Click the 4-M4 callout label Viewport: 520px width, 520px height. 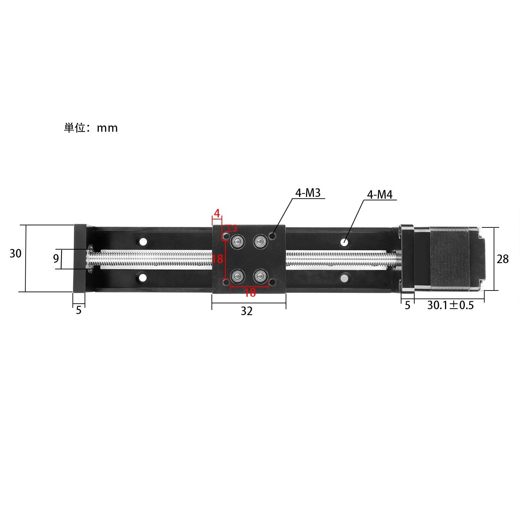point(380,195)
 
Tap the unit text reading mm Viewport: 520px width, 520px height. point(107,128)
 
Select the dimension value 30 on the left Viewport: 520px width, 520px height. point(16,253)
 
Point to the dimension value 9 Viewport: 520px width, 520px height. point(56,259)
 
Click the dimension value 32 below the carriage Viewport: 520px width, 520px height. point(247,311)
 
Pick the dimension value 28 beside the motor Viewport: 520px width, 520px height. point(503,259)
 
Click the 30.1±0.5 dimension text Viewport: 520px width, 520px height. point(450,305)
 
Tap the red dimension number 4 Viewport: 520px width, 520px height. point(217,214)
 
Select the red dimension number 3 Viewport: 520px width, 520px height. point(234,228)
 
